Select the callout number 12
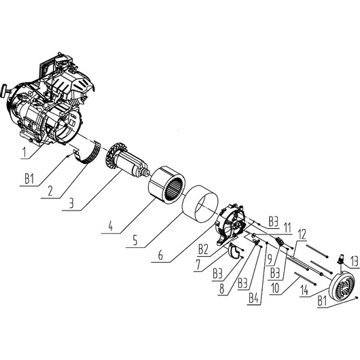click(302, 233)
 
